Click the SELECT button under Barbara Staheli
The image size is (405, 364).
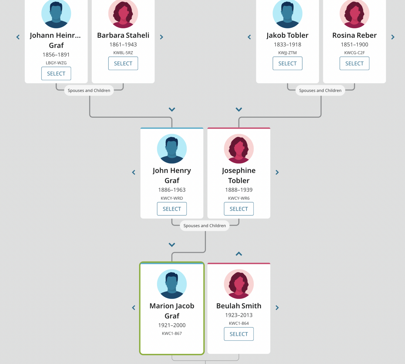[123, 63]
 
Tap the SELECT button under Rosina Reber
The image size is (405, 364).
[354, 63]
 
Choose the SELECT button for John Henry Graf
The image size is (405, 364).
[172, 209]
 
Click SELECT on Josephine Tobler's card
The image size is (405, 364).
[239, 209]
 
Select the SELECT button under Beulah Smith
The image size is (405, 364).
[239, 334]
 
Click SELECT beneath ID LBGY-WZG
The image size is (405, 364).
[56, 73]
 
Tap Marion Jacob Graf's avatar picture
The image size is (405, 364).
[172, 284]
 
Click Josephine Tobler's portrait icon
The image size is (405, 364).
[239, 149]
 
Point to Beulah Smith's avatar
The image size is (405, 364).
[239, 284]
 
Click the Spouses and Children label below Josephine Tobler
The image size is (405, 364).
[205, 226]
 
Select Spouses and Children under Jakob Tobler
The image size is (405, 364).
[320, 90]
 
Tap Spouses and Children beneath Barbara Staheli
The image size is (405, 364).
[89, 90]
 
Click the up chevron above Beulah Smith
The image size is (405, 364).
[239, 254]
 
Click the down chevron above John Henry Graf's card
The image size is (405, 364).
[172, 109]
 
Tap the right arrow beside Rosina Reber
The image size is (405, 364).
[393, 37]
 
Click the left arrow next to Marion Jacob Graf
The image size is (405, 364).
[133, 307]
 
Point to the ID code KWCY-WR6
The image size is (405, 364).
[239, 198]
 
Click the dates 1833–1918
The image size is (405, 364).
[287, 44]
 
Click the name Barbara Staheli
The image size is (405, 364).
[123, 35]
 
